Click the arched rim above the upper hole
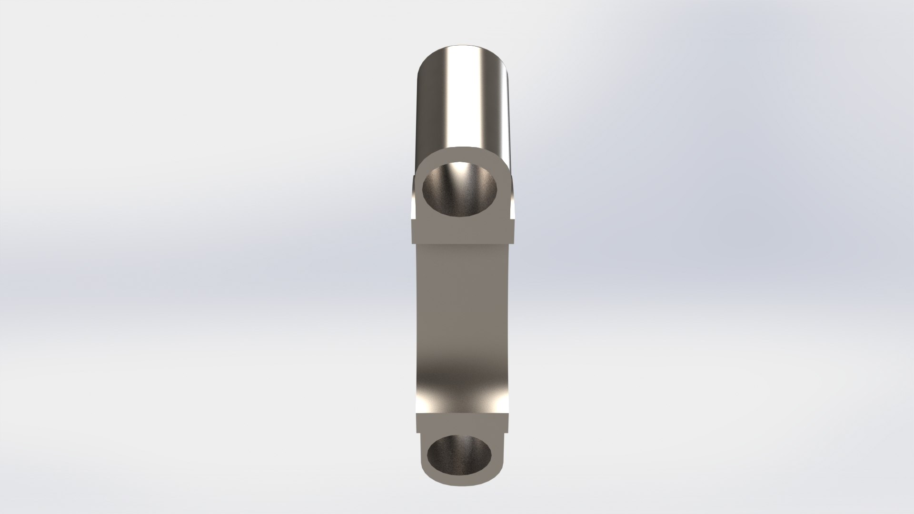462,152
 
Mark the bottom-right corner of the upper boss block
515,242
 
